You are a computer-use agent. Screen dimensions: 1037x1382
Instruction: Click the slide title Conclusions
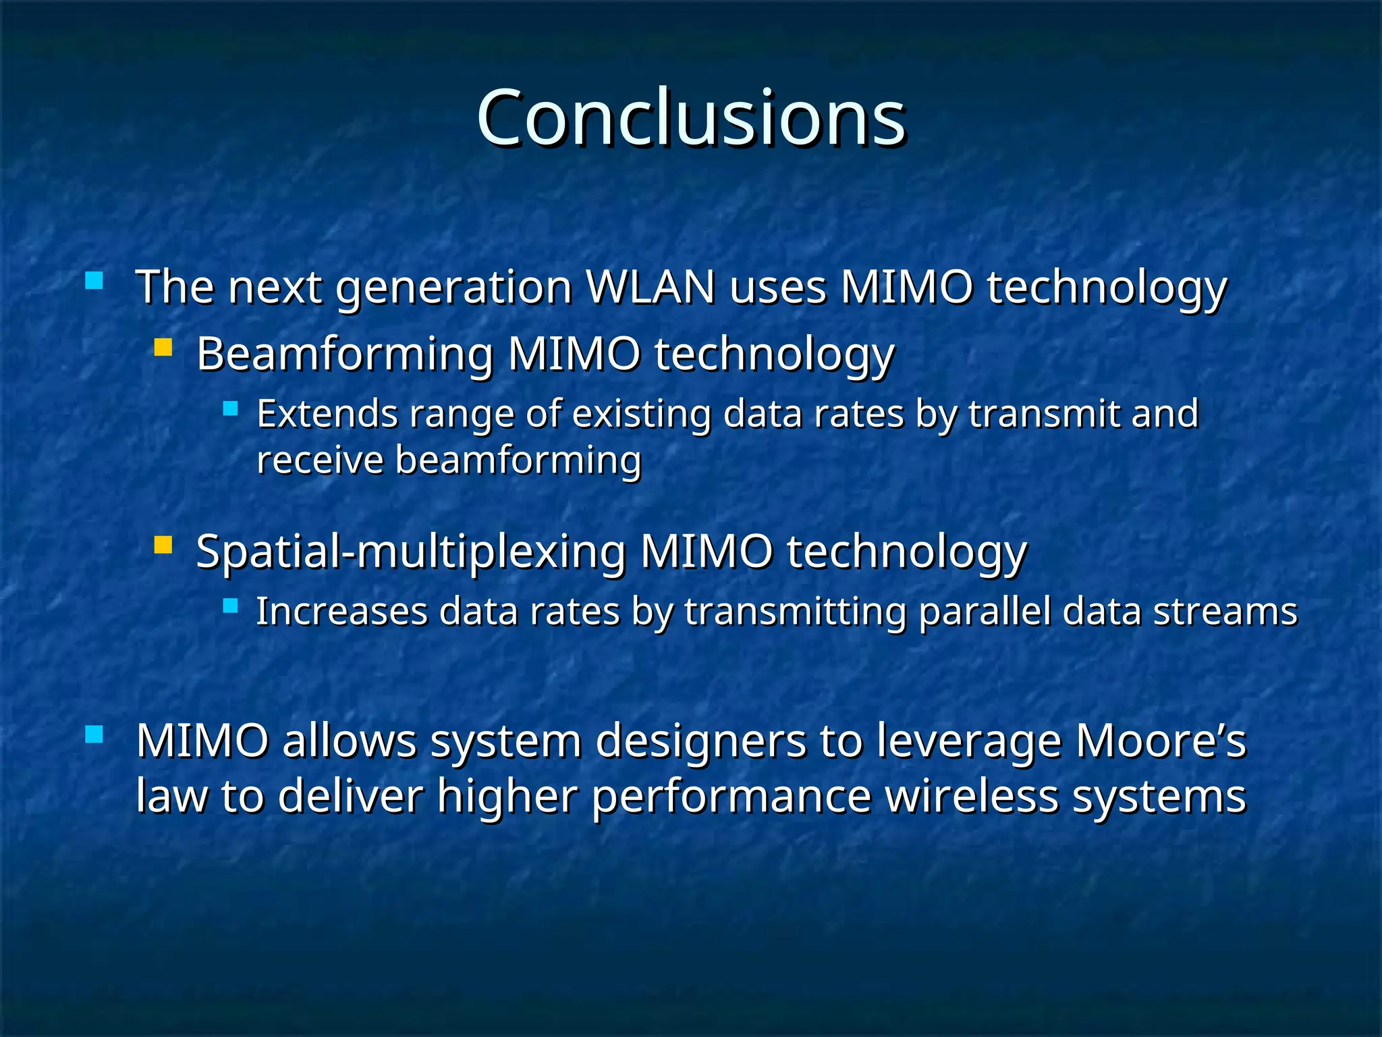tap(691, 119)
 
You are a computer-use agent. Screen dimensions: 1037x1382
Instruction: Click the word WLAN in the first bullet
tap(651, 288)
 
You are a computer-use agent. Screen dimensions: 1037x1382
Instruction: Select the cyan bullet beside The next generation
tap(94, 280)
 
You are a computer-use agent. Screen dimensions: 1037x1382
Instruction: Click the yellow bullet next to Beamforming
tap(163, 348)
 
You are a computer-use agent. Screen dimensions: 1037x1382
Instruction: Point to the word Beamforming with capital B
tap(345, 354)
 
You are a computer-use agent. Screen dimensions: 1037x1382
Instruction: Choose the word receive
tap(320, 460)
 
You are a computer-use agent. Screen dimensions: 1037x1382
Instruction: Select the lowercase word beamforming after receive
tap(518, 462)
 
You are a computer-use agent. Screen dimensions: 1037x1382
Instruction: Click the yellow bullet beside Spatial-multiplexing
tap(163, 545)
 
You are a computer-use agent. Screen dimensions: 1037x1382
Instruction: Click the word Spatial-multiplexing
tap(410, 552)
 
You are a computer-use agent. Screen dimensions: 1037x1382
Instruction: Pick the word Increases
tap(341, 612)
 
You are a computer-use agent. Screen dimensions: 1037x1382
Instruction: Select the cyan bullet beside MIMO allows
tap(94, 734)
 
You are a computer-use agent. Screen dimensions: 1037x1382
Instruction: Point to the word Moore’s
tap(1160, 741)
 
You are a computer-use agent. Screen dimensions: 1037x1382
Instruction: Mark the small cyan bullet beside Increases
tap(231, 606)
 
